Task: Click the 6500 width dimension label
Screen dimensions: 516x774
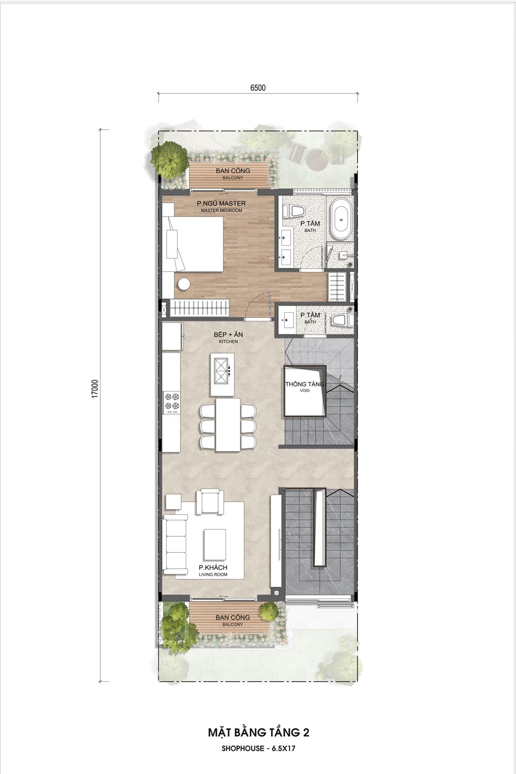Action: (x=258, y=88)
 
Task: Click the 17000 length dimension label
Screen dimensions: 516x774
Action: (x=95, y=389)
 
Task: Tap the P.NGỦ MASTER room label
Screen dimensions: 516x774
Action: (x=221, y=203)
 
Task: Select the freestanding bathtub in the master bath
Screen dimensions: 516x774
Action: (x=341, y=219)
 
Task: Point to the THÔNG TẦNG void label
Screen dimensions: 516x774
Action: (x=304, y=384)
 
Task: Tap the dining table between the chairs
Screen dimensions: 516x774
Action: (x=228, y=425)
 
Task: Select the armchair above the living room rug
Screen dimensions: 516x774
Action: (x=207, y=502)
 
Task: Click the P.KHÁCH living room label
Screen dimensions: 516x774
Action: (x=213, y=568)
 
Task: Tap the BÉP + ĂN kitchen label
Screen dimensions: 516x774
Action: (x=228, y=334)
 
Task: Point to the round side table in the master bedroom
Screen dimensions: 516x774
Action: (x=184, y=284)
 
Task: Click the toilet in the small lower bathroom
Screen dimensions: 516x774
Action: (x=340, y=320)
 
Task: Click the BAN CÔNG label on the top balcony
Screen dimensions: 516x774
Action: (x=233, y=171)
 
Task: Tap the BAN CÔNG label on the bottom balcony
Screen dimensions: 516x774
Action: (x=233, y=618)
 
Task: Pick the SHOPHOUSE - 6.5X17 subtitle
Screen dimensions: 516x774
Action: (x=258, y=748)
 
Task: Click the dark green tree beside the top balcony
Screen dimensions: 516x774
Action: (x=169, y=158)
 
